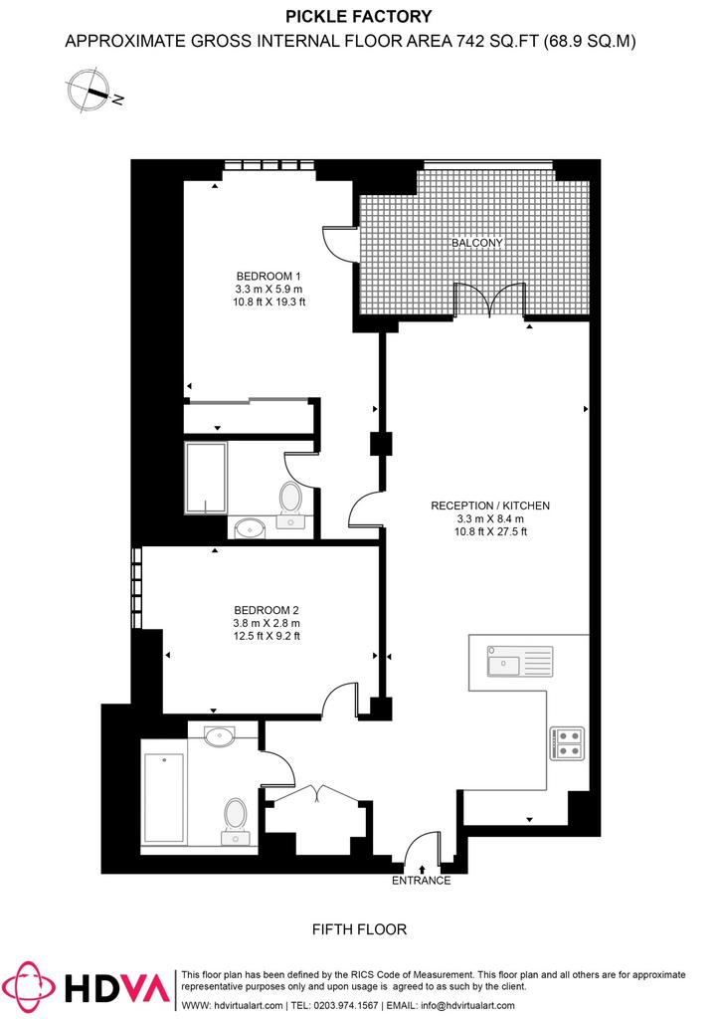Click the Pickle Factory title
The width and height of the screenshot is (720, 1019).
coord(359,16)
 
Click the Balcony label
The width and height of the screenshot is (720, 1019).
coord(477,243)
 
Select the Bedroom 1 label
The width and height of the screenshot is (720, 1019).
coord(269,277)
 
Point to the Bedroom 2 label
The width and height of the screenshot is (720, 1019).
coord(267,610)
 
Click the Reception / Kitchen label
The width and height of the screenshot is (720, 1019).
coord(490,506)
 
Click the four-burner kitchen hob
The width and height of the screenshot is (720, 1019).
coord(567,743)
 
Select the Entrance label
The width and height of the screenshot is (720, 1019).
coord(421,881)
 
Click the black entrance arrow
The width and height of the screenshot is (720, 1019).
coord(422,869)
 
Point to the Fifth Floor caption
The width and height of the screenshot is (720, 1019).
coord(359,930)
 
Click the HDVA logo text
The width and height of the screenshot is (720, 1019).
coord(117,989)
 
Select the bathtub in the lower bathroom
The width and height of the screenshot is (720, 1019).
coord(164,798)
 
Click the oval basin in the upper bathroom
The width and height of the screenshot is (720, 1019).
coord(250,529)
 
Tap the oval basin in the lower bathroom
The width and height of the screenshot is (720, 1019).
coord(222,736)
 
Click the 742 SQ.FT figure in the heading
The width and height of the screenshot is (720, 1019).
coord(498,41)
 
